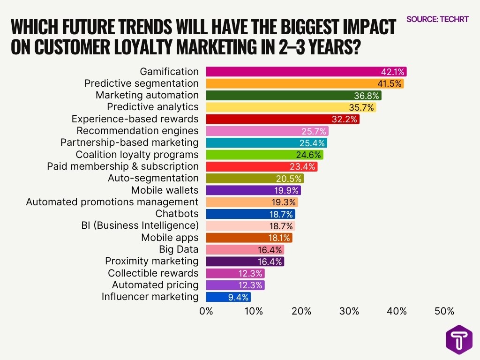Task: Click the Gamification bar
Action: [x=306, y=72]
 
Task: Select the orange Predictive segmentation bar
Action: [x=305, y=83]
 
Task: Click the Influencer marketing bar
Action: [x=228, y=297]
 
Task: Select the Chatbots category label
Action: [x=177, y=214]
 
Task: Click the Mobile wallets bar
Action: [x=253, y=190]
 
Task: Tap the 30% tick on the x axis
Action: [x=349, y=311]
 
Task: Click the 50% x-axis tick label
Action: [x=444, y=311]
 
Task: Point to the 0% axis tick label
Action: [x=206, y=311]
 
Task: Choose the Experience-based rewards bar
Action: [x=283, y=119]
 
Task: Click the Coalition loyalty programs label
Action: [x=137, y=155]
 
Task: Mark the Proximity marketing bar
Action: [x=245, y=262]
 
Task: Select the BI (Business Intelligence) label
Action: [x=140, y=226]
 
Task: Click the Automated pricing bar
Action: [x=235, y=285]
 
